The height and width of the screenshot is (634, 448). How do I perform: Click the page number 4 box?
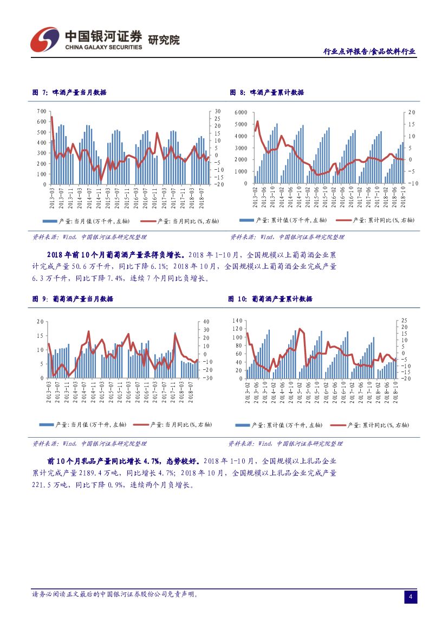click(x=410, y=597)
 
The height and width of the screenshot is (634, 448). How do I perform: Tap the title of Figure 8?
click(x=267, y=93)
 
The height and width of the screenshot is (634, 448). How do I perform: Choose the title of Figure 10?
click(x=270, y=299)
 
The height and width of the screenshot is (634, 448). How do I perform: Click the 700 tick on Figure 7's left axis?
click(x=41, y=111)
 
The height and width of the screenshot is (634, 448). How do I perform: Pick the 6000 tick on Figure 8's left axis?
click(x=240, y=112)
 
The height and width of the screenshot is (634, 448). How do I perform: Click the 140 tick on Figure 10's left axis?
click(x=237, y=321)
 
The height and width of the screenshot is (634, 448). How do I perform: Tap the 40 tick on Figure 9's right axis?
click(x=206, y=322)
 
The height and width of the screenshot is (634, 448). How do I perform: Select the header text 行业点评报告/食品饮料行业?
click(x=369, y=52)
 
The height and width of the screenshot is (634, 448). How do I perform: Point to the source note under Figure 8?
click(x=287, y=237)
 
